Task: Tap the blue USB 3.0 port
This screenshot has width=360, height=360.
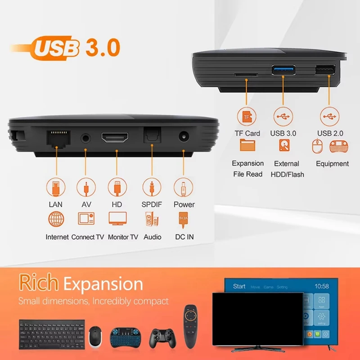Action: (x=283, y=71)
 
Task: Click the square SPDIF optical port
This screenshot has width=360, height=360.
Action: (x=151, y=135)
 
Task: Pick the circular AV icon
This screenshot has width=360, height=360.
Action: (x=86, y=186)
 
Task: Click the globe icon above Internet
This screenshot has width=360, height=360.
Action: (x=56, y=219)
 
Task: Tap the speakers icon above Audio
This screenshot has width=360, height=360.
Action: (x=151, y=219)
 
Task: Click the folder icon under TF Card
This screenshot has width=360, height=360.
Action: (x=247, y=145)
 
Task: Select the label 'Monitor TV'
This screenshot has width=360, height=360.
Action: (x=123, y=237)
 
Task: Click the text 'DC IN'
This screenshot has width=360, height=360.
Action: (x=184, y=237)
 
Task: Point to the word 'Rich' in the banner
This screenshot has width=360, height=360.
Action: (x=38, y=283)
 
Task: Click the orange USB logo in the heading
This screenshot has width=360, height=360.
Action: (x=55, y=49)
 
